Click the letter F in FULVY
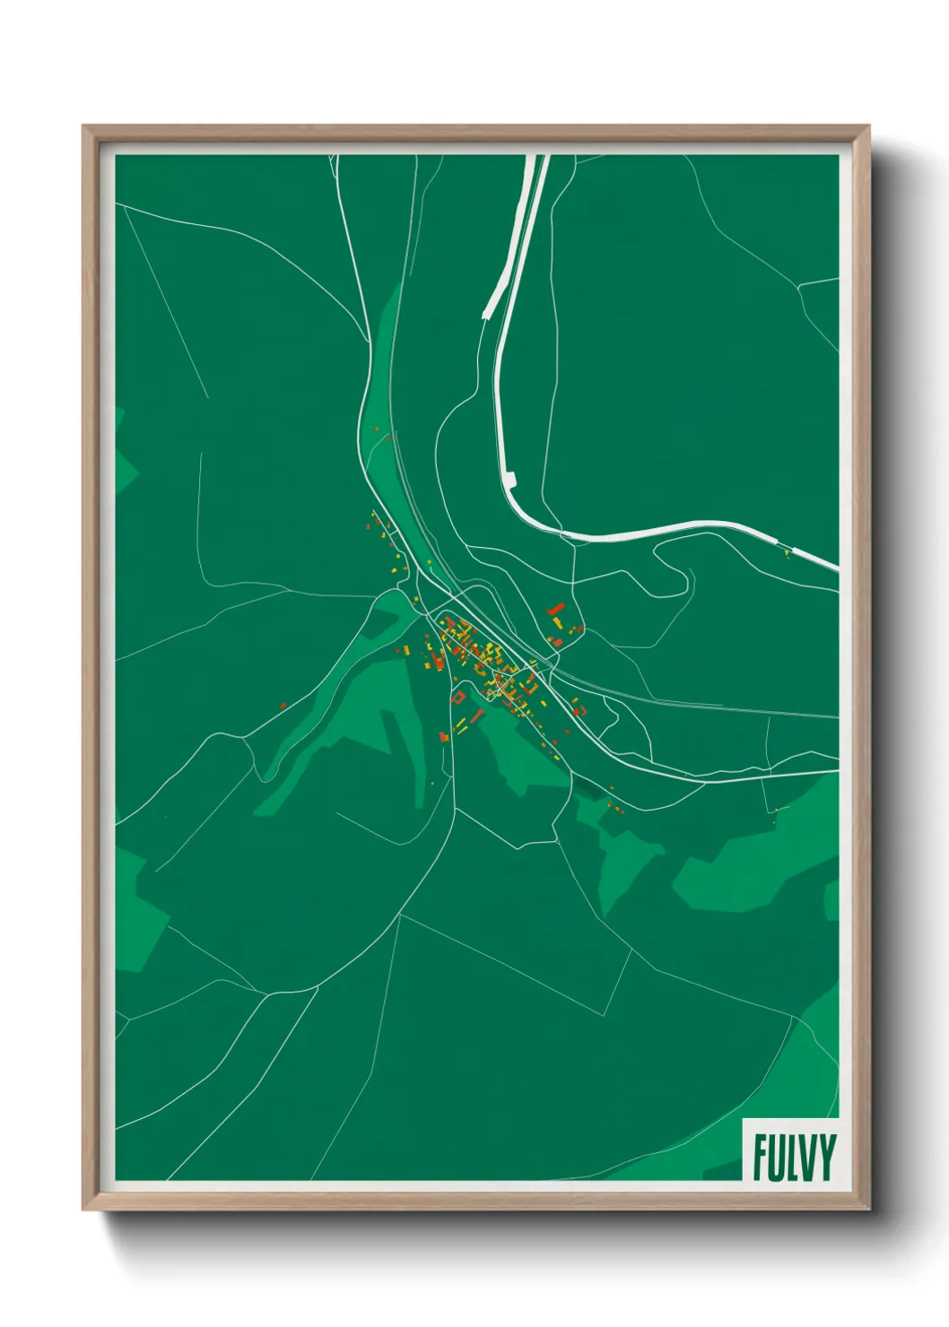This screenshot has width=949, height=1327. (x=761, y=1158)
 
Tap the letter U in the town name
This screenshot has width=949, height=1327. (x=778, y=1158)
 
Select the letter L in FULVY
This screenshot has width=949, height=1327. (x=793, y=1158)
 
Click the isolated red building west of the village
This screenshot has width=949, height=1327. (x=283, y=706)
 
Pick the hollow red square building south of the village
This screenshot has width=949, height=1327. (x=458, y=696)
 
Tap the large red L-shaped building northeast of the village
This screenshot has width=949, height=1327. (x=556, y=610)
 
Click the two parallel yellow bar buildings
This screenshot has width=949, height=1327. (x=461, y=724)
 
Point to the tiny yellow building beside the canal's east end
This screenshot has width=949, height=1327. (x=787, y=553)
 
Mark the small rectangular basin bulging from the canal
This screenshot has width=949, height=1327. (x=511, y=480)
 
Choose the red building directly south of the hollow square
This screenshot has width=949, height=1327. (x=443, y=736)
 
